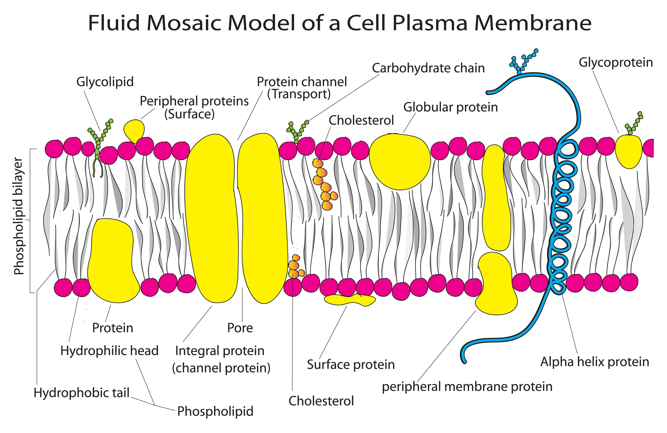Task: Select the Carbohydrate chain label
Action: tap(428, 68)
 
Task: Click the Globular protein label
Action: tap(450, 107)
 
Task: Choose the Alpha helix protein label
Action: tap(594, 362)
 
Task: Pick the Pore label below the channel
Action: tap(240, 328)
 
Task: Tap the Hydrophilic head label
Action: tap(109, 351)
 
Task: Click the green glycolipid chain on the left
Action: tap(99, 140)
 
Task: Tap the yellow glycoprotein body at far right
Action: tap(629, 151)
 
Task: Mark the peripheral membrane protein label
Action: tap(467, 387)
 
